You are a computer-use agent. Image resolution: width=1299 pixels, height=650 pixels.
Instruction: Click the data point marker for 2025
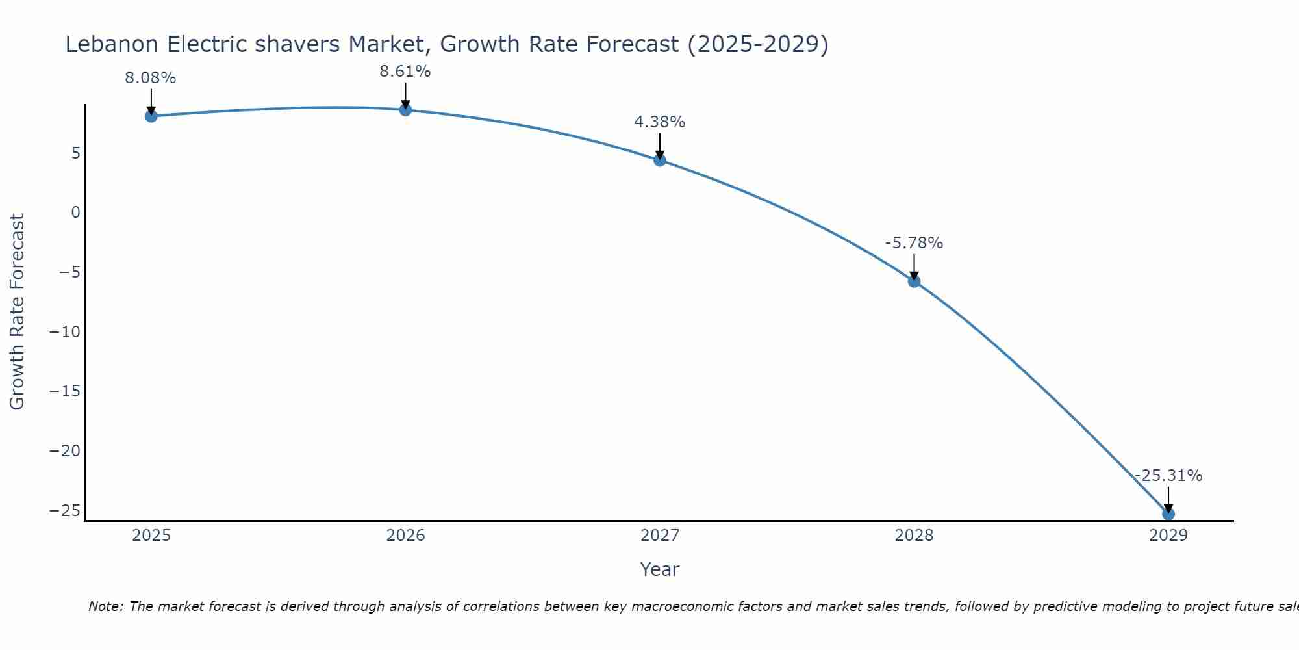(x=151, y=116)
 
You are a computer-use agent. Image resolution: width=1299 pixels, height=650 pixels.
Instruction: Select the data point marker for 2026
(x=405, y=110)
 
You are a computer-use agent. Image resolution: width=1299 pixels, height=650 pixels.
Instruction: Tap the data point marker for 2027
(x=660, y=160)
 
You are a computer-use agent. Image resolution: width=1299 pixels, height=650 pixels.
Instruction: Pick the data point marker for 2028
(x=914, y=281)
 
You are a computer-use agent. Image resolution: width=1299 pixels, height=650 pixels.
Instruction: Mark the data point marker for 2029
(x=1168, y=514)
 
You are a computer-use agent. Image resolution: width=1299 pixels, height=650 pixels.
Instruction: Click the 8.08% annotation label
(x=151, y=78)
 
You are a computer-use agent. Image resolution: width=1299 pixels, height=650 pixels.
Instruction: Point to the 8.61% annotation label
(x=405, y=71)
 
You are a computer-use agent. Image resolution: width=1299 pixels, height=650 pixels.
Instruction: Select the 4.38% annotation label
(x=660, y=122)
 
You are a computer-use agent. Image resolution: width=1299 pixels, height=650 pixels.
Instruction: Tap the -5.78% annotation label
(x=914, y=243)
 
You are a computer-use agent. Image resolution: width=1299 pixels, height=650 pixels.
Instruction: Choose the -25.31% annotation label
(x=1168, y=476)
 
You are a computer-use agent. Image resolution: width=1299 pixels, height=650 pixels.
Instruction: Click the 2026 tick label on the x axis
(x=405, y=536)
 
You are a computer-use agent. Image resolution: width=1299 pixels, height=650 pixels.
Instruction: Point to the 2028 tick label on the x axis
(x=914, y=536)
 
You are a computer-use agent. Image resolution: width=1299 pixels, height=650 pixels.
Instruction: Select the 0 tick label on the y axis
(x=76, y=213)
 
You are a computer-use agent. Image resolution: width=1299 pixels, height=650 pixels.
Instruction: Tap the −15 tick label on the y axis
(x=65, y=391)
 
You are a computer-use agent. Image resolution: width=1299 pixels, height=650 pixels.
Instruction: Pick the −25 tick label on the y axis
(x=65, y=510)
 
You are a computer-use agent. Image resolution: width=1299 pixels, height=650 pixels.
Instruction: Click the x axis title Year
(x=660, y=569)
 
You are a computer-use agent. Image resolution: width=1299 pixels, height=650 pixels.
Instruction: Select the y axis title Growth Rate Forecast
(x=17, y=312)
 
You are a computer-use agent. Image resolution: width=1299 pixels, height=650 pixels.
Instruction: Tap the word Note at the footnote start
(x=105, y=606)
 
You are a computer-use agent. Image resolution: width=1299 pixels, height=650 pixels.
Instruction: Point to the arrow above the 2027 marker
(x=660, y=146)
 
